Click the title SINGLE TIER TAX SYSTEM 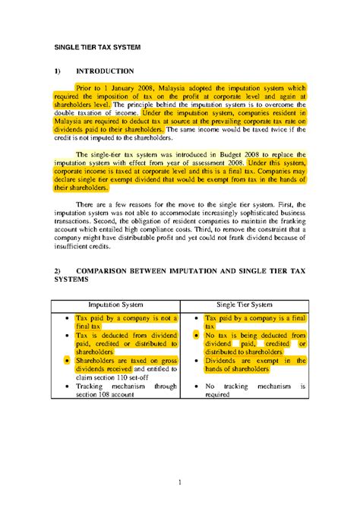pos(96,47)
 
